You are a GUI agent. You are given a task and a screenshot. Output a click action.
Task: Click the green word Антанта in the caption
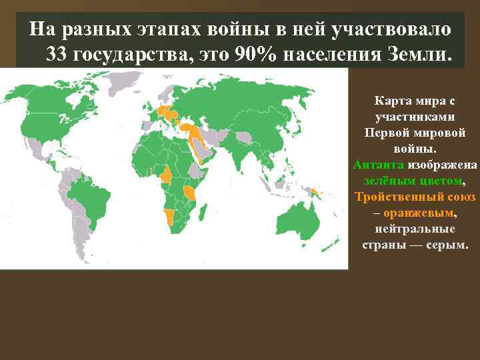(378, 164)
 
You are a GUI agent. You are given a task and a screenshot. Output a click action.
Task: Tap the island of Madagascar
(207, 211)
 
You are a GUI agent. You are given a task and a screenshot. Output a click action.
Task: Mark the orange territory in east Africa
(191, 193)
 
